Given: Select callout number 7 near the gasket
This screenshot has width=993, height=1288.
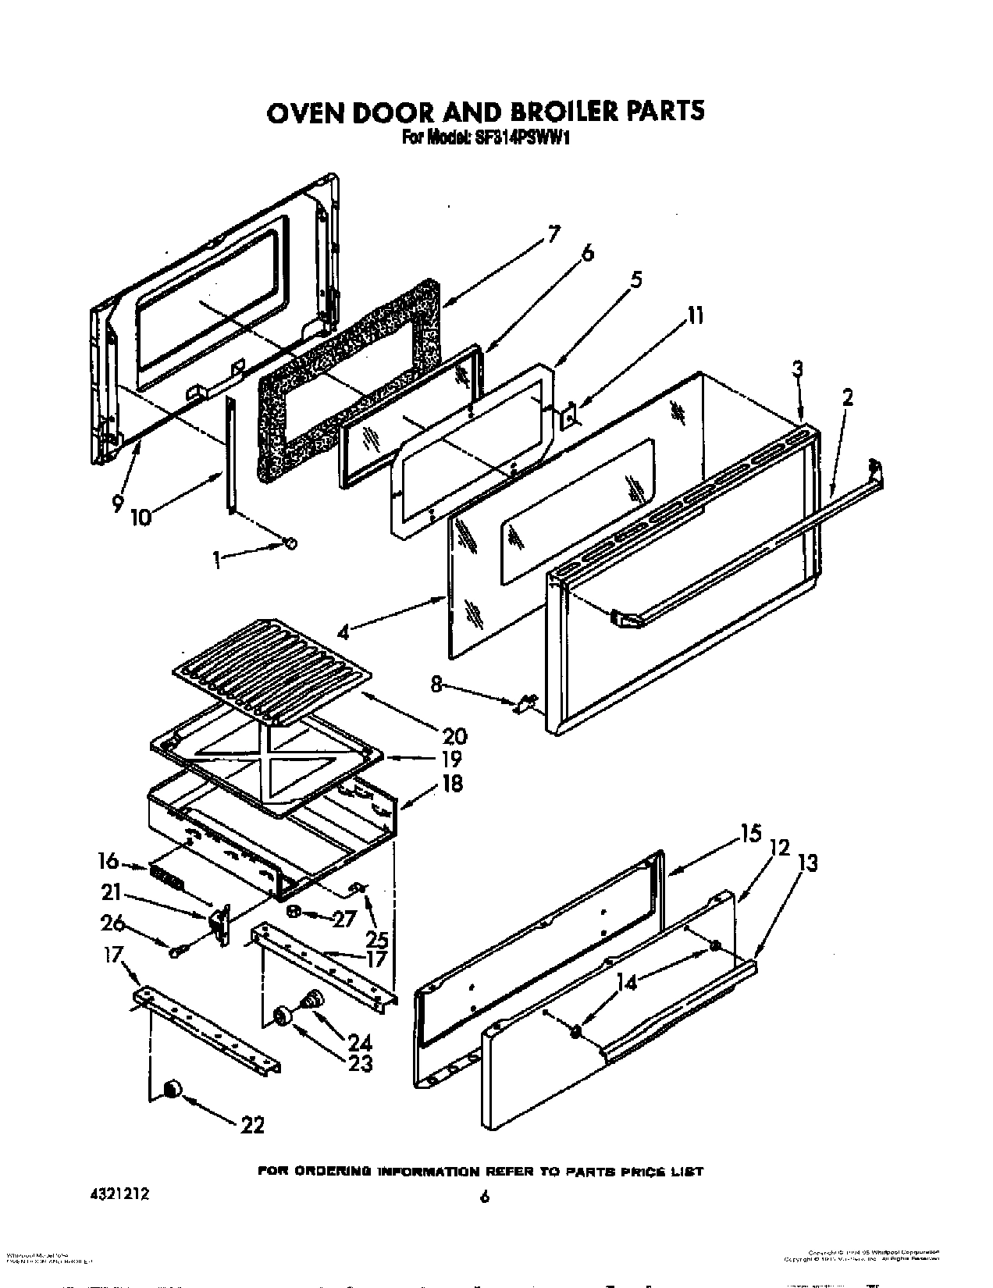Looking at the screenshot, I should (x=553, y=233).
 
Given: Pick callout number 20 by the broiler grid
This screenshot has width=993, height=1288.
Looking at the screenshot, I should (x=454, y=735).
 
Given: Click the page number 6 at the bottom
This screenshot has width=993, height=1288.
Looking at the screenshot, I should (x=485, y=1197).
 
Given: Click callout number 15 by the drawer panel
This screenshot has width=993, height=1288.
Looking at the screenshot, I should (x=750, y=834).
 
